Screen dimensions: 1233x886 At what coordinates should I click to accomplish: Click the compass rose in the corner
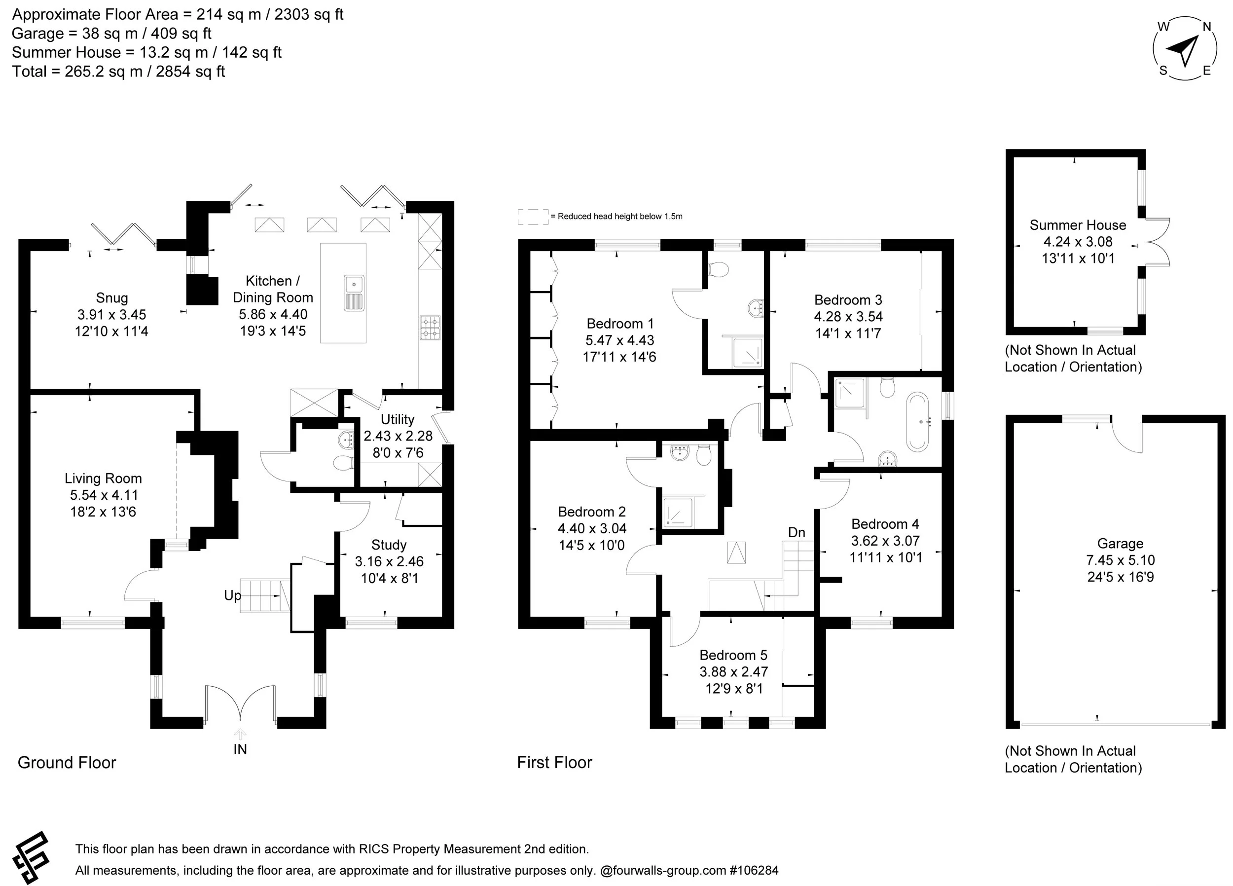(1184, 49)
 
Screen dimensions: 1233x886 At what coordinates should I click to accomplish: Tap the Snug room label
(112, 297)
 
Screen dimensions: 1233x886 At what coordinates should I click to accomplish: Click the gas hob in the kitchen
(430, 328)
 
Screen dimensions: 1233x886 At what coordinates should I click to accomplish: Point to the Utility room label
(398, 419)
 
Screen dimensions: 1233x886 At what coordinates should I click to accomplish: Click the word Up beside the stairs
(232, 596)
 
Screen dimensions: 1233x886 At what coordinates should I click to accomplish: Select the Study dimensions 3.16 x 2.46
(389, 561)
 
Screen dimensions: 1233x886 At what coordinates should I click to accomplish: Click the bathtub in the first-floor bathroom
(918, 422)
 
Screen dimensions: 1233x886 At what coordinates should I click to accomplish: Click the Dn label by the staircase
(797, 532)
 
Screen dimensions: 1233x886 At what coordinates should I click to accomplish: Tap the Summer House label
(1078, 225)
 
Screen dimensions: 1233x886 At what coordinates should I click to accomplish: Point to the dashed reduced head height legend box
(533, 217)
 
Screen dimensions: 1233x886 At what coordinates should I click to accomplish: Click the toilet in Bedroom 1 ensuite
(719, 269)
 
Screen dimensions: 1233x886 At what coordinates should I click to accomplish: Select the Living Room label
(103, 478)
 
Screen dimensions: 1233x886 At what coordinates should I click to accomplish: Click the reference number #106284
(754, 870)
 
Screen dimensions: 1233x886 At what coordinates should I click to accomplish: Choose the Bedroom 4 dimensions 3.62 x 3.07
(886, 541)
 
